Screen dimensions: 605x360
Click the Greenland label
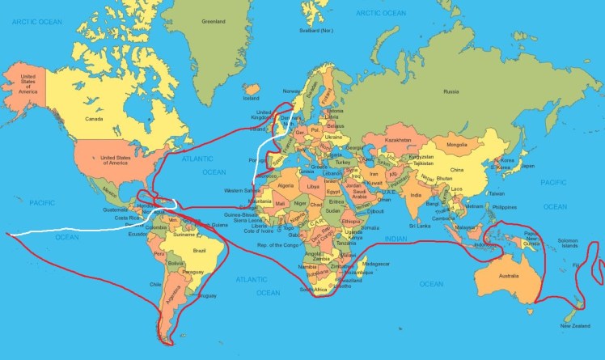click(213, 22)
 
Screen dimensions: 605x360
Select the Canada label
click(95, 118)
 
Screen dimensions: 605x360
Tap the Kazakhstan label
click(400, 139)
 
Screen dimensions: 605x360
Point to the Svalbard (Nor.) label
click(316, 31)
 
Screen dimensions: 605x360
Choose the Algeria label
click(286, 185)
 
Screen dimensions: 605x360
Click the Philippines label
click(504, 206)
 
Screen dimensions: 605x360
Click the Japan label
click(527, 167)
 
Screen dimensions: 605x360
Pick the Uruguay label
click(206, 296)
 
